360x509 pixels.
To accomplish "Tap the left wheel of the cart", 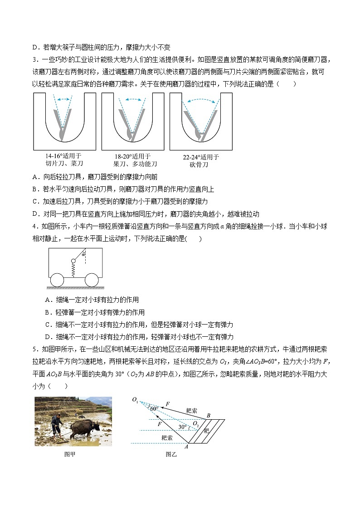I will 57,281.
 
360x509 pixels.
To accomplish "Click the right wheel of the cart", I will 92,281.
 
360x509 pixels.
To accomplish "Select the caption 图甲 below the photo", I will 70,454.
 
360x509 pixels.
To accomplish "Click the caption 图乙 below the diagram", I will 171,454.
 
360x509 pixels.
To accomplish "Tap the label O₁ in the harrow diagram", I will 135,399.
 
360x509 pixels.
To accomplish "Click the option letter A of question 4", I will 48,300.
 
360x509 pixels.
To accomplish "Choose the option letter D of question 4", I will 48,337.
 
